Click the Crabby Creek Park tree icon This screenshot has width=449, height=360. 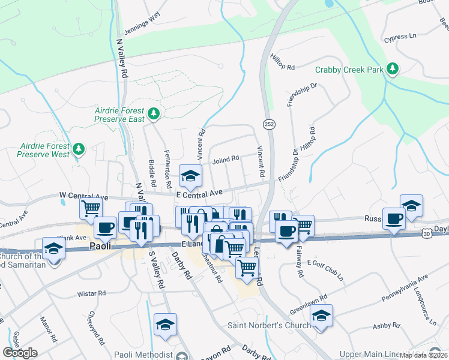pyautogui.click(x=393, y=70)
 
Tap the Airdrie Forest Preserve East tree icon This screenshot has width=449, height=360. pyautogui.click(x=154, y=113)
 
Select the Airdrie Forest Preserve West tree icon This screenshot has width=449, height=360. pyautogui.click(x=78, y=148)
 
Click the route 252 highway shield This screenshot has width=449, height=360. pyautogui.click(x=268, y=123)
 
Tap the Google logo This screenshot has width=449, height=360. pyautogui.click(x=20, y=353)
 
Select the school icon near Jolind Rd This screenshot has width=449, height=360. pyautogui.click(x=191, y=175)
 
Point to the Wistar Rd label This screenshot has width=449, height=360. pyautogui.click(x=91, y=294)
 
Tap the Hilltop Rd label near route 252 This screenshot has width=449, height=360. pyautogui.click(x=283, y=67)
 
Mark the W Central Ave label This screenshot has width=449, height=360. pyautogui.click(x=83, y=196)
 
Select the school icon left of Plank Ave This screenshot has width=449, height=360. pyautogui.click(x=53, y=248)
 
